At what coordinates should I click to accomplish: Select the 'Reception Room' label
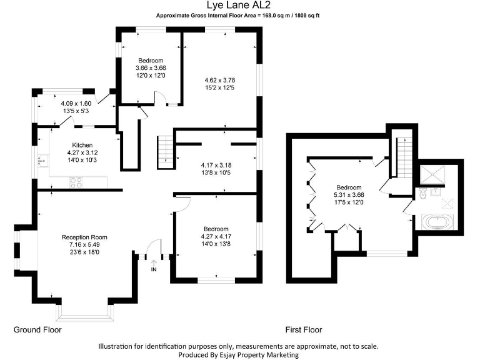(84, 237)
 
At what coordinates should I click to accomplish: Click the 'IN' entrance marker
(154, 269)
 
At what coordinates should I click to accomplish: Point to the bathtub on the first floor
(436, 221)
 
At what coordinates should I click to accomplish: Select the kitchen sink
(42, 161)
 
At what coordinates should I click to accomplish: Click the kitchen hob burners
(76, 182)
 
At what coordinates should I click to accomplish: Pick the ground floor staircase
(165, 149)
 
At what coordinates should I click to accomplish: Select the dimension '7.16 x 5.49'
(84, 244)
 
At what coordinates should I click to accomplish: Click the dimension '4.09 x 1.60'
(76, 104)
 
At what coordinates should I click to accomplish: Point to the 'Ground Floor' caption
(37, 329)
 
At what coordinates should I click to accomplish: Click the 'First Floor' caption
(304, 329)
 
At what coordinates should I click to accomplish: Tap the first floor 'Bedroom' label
(349, 187)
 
